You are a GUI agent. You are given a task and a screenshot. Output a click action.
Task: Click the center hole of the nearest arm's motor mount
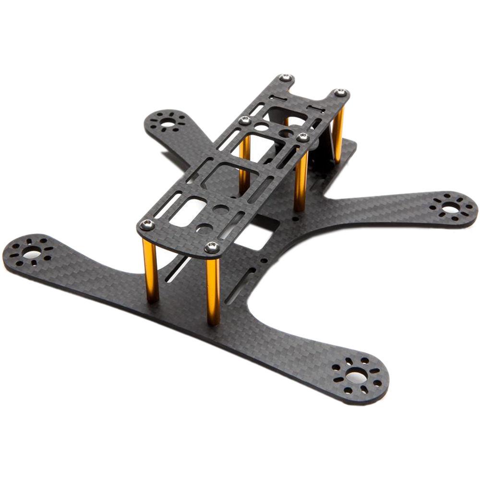coord(357,377)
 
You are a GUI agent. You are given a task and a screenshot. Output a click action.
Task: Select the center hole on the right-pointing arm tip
coord(451,208)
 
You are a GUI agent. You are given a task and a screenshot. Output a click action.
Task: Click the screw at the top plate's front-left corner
coord(148,225)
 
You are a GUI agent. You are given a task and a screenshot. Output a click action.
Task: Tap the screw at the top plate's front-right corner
coord(212,247)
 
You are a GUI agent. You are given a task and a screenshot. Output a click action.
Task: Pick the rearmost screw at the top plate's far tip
coord(286,78)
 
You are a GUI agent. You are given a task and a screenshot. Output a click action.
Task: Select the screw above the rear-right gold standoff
coord(340,93)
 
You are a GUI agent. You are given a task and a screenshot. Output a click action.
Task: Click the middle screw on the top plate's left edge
coord(245,120)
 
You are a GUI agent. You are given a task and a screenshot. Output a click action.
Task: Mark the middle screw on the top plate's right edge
coord(303,138)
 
